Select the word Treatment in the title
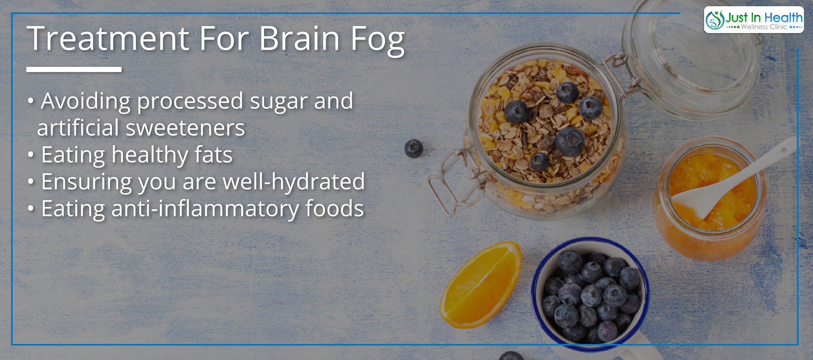(108, 39)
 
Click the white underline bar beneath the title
(74, 69)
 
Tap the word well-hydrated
(293, 181)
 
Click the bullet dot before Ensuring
(30, 182)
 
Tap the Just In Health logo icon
(715, 19)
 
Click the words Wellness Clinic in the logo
(764, 27)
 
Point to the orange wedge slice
(481, 285)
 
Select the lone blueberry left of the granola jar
(414, 149)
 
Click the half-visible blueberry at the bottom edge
(512, 356)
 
